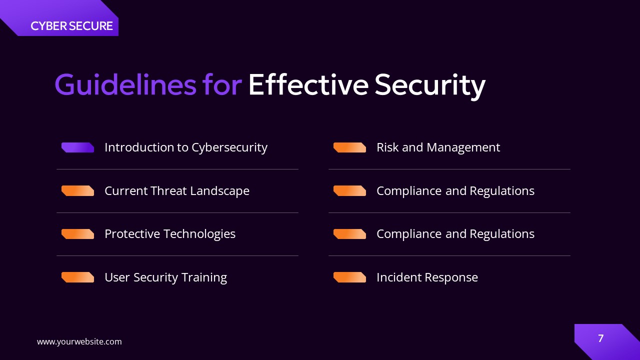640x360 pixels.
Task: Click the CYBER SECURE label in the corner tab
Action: [71, 26]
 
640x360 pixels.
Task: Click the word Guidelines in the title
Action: [125, 84]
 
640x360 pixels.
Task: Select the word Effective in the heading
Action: [308, 84]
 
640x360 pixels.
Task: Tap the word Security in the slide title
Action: [430, 84]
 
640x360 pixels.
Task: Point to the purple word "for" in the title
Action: [222, 84]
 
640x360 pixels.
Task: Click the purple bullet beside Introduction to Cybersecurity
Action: [77, 147]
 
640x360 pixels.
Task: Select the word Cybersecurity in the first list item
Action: [229, 147]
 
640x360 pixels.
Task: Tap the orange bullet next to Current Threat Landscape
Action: [77, 190]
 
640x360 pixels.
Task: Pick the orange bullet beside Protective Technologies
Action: [77, 234]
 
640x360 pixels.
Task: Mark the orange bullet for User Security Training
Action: [77, 277]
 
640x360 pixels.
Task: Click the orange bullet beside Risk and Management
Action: [349, 147]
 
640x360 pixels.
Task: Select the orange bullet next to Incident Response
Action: [349, 277]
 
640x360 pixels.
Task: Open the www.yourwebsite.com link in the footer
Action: [79, 341]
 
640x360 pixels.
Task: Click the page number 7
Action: [600, 338]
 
